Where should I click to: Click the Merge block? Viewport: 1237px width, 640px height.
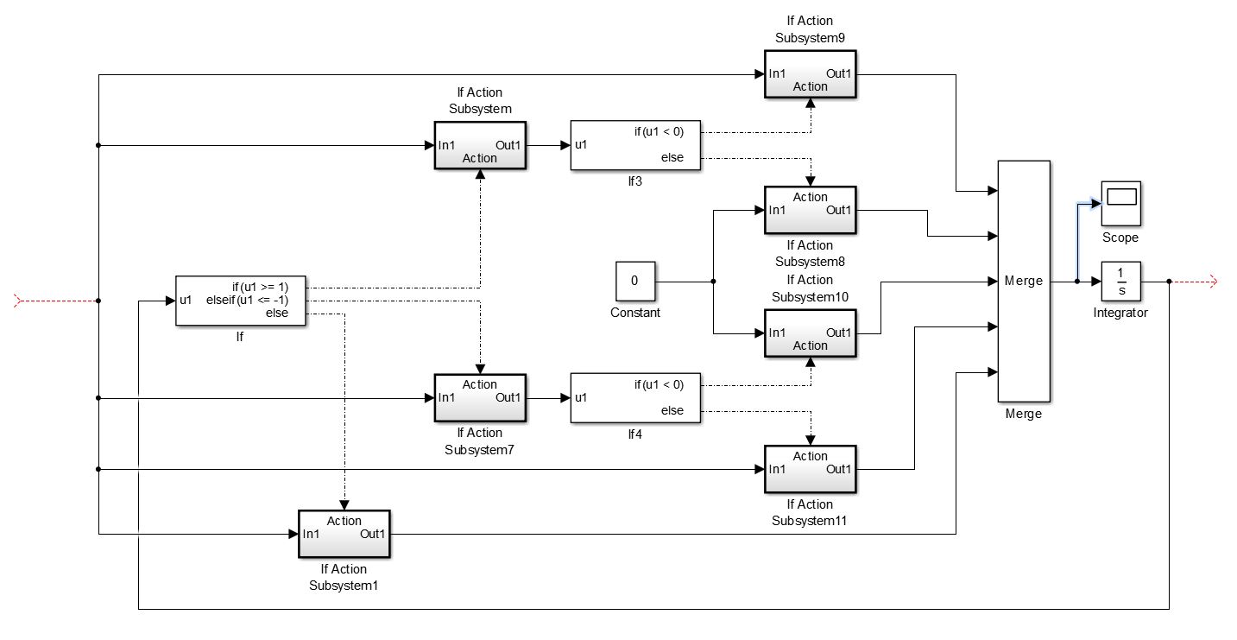coord(1024,281)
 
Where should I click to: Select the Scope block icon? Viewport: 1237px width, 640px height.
coord(1120,202)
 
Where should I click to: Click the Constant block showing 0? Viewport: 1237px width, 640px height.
coord(634,282)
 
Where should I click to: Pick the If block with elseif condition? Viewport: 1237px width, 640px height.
coord(241,301)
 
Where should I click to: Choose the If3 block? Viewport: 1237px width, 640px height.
coord(635,145)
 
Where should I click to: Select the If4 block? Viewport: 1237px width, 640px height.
coord(635,398)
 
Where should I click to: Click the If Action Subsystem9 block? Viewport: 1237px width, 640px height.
coord(810,75)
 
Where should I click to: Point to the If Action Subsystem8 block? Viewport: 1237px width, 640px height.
coord(810,210)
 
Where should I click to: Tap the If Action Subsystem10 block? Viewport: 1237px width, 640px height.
coord(810,333)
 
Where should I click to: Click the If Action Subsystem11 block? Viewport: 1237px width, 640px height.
coord(810,469)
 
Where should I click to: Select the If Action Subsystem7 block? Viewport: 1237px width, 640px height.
coord(480,398)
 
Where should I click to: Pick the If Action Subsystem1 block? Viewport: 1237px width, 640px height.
coord(344,535)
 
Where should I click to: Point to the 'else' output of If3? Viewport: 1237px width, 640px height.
coord(672,158)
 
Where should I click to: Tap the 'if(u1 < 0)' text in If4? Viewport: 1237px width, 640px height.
coord(659,384)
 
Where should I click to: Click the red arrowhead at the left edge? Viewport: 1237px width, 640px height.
coord(20,301)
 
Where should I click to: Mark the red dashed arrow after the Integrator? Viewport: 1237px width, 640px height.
coord(1196,282)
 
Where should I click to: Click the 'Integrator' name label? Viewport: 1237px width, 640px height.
coord(1120,313)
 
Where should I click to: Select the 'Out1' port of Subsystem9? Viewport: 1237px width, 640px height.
coord(839,73)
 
